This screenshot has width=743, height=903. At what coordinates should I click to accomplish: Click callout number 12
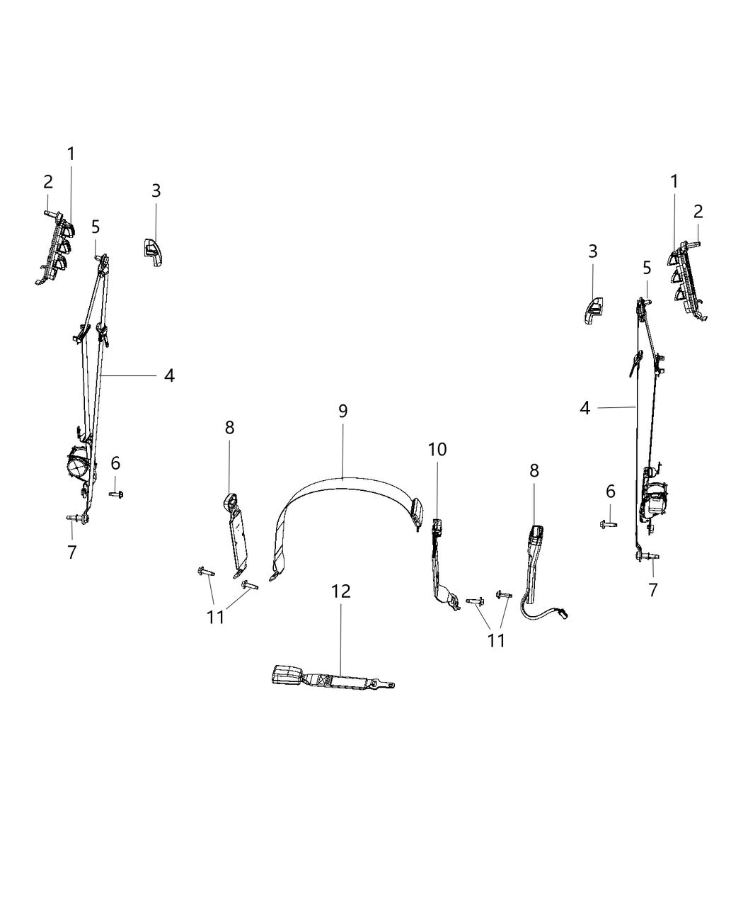(x=341, y=591)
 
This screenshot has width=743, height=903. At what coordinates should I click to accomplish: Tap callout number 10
(x=437, y=449)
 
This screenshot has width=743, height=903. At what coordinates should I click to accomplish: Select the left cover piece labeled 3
(x=153, y=251)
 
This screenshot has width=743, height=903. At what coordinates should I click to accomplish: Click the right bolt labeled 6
(x=606, y=524)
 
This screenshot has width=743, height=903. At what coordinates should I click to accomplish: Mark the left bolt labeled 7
(x=73, y=521)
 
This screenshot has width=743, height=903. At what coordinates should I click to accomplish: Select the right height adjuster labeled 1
(x=686, y=280)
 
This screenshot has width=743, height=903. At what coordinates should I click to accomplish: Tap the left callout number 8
(x=229, y=428)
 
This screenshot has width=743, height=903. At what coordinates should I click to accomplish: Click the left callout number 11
(x=215, y=617)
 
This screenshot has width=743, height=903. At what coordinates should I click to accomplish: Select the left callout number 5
(x=96, y=227)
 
